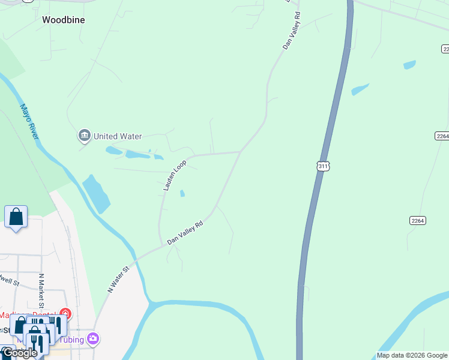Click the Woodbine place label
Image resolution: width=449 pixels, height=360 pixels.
(63, 20)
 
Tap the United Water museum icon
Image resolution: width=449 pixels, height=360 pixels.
(84, 136)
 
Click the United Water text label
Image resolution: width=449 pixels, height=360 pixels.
(118, 136)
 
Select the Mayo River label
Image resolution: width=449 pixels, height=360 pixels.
(29, 122)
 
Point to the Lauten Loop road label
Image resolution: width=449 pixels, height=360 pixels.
(175, 175)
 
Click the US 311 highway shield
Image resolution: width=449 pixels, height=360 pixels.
(324, 166)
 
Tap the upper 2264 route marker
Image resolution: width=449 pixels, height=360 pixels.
(442, 136)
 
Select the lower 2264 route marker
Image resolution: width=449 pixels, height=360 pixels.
(418, 221)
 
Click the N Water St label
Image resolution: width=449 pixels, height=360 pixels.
(118, 280)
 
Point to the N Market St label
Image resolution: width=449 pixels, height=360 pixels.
(41, 291)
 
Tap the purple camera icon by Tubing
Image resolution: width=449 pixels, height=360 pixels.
(93, 339)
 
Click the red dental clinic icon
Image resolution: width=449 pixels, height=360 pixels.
(65, 314)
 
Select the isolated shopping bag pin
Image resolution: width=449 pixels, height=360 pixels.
(16, 217)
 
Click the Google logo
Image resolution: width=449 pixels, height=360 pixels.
(20, 353)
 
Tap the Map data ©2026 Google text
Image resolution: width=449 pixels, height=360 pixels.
(412, 355)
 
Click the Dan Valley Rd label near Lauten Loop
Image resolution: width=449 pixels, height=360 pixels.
(185, 232)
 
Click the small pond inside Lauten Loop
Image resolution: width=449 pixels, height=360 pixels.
(182, 193)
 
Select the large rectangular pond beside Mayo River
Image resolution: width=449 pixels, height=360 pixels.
(96, 193)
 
